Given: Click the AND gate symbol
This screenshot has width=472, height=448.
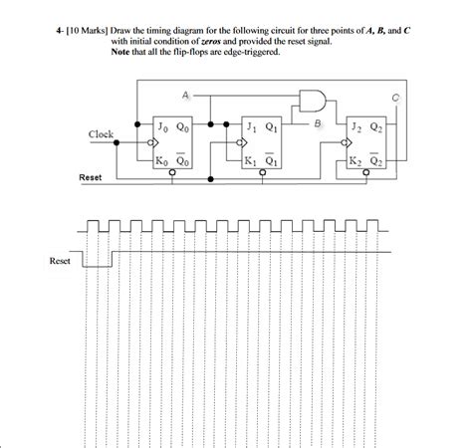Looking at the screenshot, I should click(x=312, y=99).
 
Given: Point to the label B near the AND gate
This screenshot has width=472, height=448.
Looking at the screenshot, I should click(x=318, y=122).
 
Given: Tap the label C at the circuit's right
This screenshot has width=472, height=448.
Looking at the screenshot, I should click(x=394, y=97).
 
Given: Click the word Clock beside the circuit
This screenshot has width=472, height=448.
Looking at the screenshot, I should click(x=102, y=133).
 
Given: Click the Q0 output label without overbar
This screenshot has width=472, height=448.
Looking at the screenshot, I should click(x=181, y=126).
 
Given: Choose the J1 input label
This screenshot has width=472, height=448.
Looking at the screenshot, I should click(x=251, y=127).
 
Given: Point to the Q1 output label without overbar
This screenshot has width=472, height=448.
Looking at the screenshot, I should click(x=271, y=127).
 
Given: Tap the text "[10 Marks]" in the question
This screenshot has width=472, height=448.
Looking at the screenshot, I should click(x=92, y=32).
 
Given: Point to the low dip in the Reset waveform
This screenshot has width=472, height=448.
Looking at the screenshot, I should click(x=96, y=265).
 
